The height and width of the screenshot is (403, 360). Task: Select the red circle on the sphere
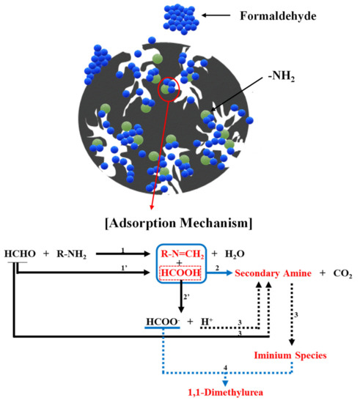[171, 89]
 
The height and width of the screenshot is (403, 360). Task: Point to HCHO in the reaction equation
[18, 254]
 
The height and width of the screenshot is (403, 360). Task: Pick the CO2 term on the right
[340, 273]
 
